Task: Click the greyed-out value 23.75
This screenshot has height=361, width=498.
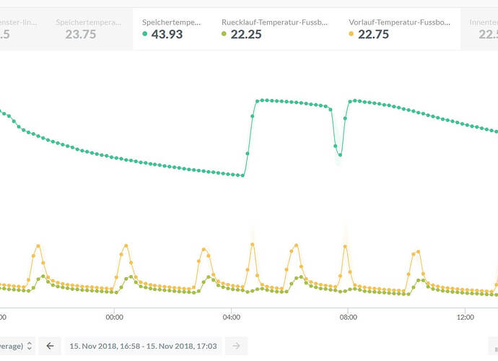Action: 81,34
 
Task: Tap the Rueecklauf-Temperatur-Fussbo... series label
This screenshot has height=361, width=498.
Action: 275,22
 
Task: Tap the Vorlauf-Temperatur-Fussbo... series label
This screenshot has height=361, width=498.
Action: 399,22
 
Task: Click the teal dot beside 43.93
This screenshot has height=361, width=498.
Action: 145,34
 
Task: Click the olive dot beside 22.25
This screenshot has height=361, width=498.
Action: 224,34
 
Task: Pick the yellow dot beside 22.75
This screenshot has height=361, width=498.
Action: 351,34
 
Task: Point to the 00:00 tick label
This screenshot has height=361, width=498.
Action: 114,316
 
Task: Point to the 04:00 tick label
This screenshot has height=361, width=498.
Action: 231,316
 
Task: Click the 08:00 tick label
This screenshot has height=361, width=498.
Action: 348,316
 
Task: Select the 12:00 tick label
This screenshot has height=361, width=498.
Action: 466,316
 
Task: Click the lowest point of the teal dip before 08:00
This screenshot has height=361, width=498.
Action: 340,155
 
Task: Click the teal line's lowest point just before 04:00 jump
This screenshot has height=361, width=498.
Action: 243,175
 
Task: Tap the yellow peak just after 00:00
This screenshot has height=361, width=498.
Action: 126,245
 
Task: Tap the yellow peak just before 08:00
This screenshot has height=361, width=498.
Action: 345,245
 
